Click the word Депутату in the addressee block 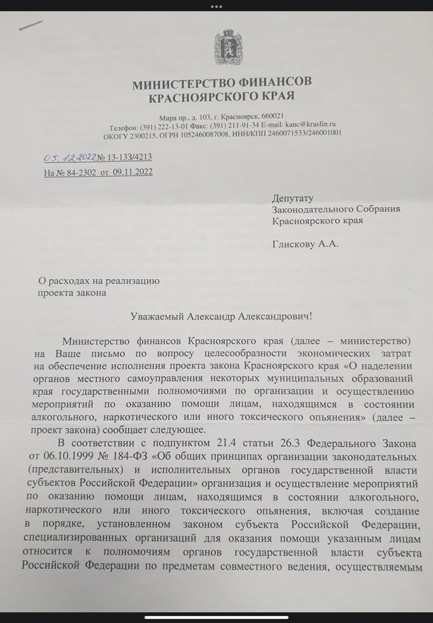(x=292, y=198)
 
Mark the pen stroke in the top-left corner (x=31, y=25)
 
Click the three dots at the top (x=216, y=6)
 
